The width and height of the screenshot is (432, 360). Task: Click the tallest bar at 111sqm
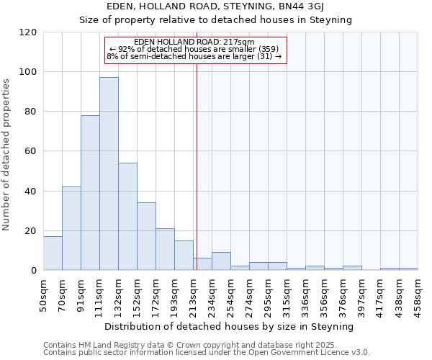[109, 174]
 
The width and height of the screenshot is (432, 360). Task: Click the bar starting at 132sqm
[127, 216]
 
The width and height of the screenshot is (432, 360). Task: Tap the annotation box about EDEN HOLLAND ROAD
[195, 49]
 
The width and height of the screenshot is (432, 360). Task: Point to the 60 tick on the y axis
[31, 151]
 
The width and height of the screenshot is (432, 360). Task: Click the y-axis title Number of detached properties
[7, 155]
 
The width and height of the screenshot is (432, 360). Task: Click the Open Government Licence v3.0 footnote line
[207, 353]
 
